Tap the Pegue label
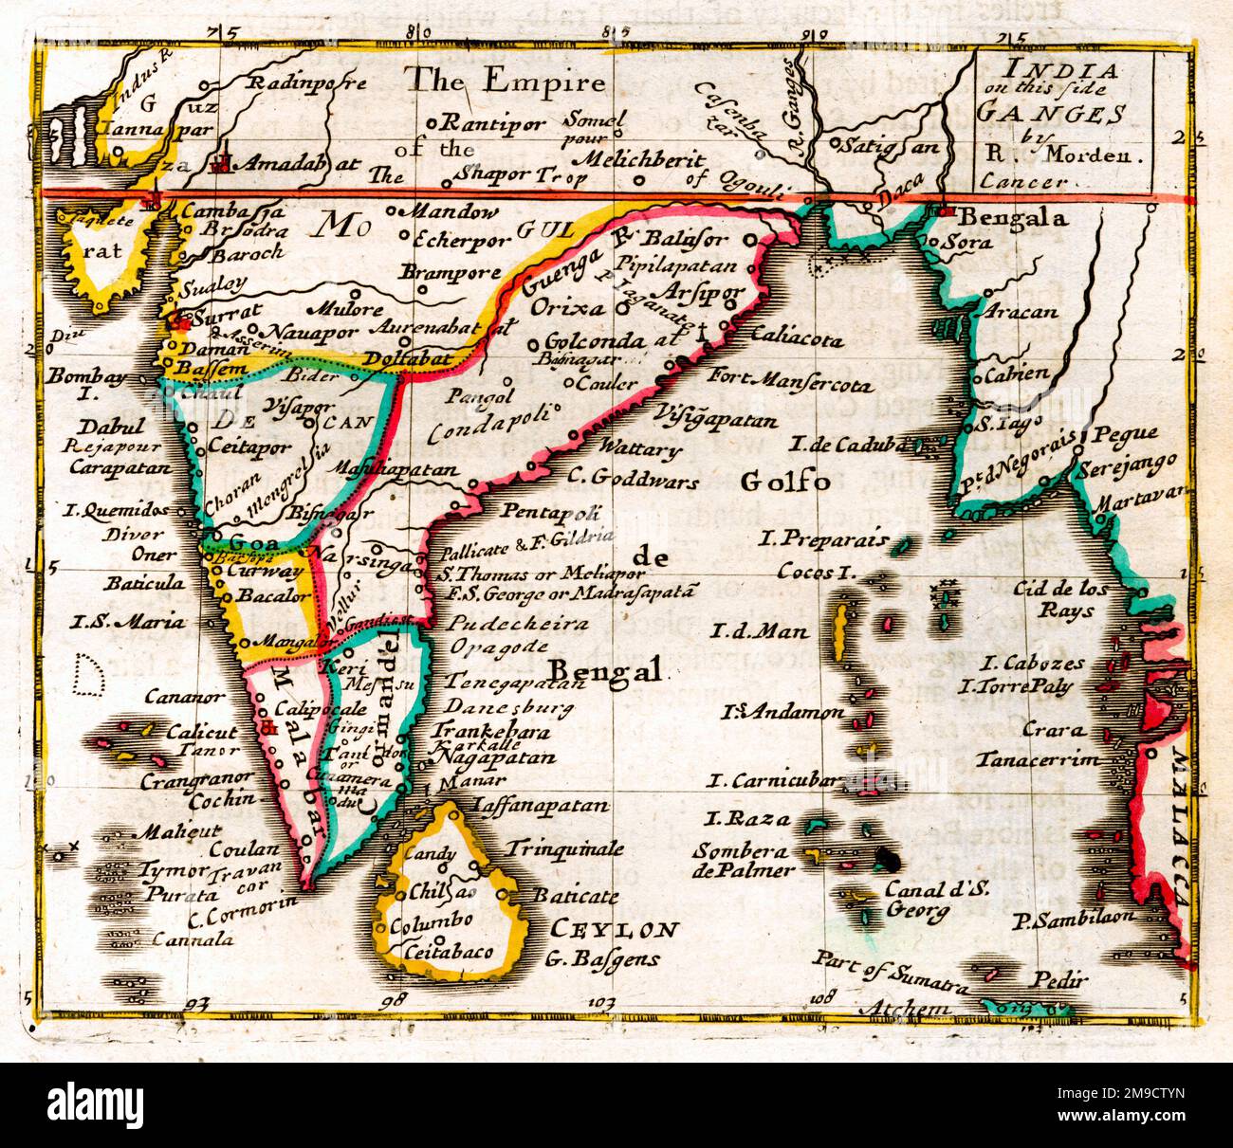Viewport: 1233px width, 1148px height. click(x=1125, y=435)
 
